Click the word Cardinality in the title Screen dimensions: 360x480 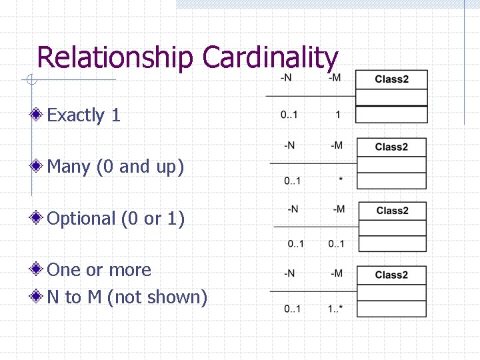(270, 58)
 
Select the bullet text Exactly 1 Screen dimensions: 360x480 (84, 115)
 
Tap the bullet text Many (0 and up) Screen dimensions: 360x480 (115, 167)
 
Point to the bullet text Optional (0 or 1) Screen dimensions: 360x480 (116, 218)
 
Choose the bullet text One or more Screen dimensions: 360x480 (99, 270)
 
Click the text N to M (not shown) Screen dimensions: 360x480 (127, 297)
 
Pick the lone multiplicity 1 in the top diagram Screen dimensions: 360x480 (338, 115)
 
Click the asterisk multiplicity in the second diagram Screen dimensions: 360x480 (341, 181)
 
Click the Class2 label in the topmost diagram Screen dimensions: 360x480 (391, 79)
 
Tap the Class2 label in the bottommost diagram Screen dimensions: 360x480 (391, 275)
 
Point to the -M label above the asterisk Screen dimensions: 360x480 (337, 146)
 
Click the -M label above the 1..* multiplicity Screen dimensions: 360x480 (336, 273)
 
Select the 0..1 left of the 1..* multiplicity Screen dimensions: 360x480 (292, 309)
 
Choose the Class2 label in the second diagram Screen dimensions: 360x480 (391, 147)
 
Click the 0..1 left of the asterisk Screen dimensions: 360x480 (292, 181)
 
